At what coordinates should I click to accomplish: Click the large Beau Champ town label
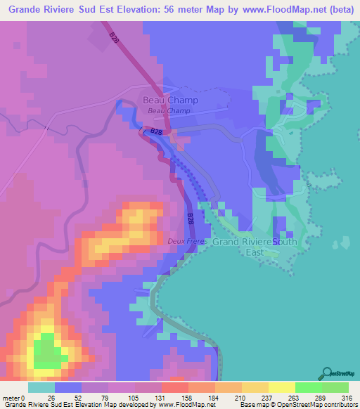[170, 100]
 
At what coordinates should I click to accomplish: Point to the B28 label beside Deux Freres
[191, 219]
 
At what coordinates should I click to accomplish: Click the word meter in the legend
[11, 397]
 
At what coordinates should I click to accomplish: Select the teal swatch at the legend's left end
[41, 387]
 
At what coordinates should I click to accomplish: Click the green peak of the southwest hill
[46, 351]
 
